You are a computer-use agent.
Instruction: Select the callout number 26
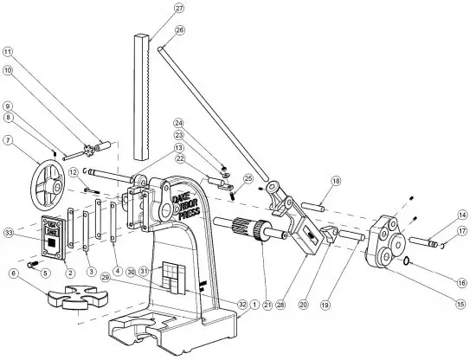tap(179, 29)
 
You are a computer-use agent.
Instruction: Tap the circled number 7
tap(8, 140)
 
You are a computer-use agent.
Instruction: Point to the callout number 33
tap(9, 233)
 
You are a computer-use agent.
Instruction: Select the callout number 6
tap(13, 273)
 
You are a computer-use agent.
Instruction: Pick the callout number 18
tap(335, 180)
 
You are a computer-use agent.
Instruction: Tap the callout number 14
tap(462, 214)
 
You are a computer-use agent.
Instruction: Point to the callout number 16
tap(462, 282)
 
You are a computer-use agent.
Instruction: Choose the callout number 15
tap(462, 304)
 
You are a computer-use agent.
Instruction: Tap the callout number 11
tap(8, 51)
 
